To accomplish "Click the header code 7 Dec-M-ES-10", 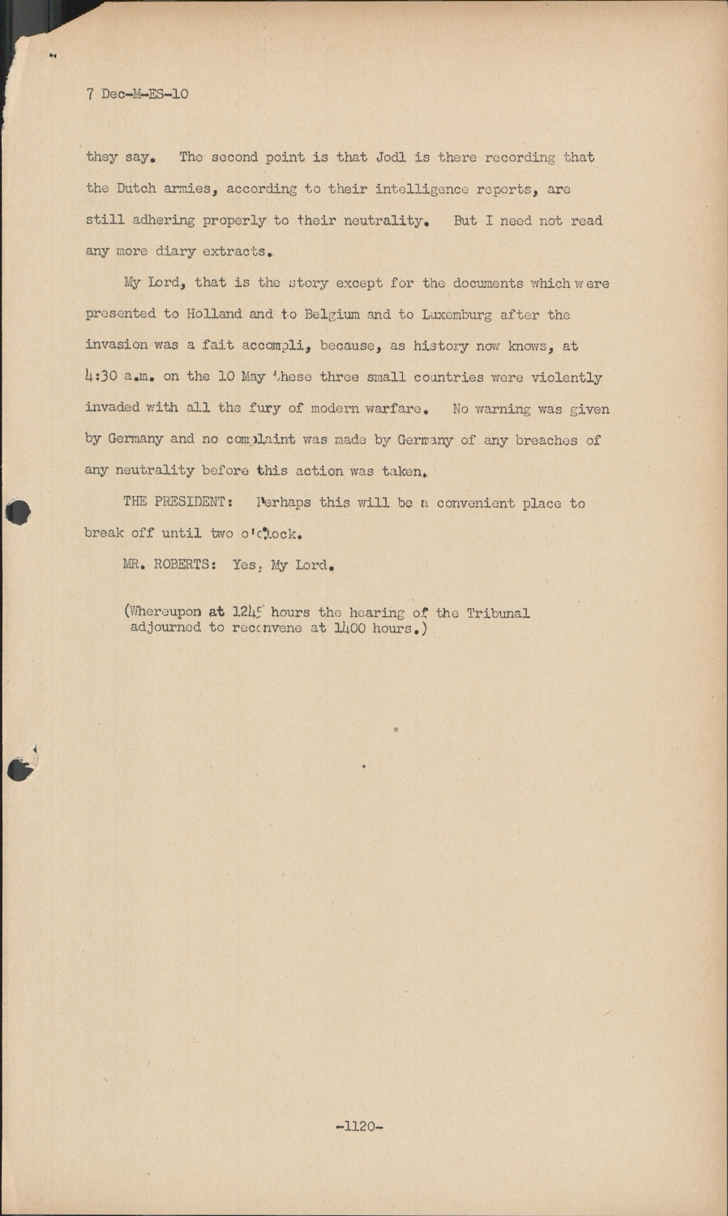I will (136, 94).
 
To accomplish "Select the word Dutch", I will (135, 189).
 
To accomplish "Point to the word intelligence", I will (422, 189).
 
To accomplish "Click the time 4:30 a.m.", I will (119, 377).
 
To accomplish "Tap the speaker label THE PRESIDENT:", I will (178, 502).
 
